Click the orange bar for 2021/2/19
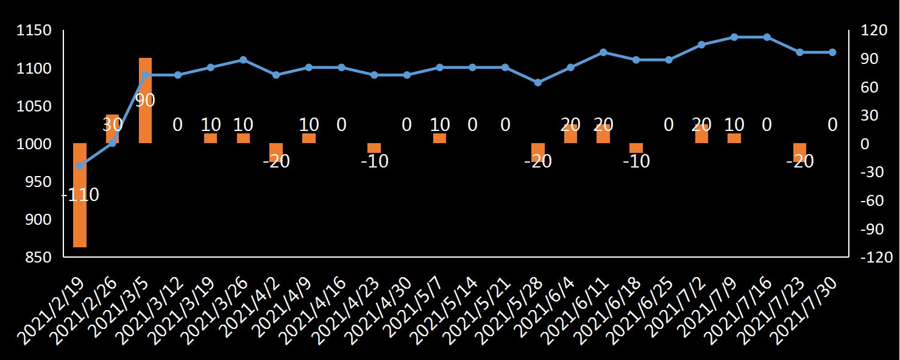(80, 195)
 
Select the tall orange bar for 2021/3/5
(145, 101)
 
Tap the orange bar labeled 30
(112, 129)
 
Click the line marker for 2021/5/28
(538, 82)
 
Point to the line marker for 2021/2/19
(80, 166)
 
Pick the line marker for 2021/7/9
(734, 37)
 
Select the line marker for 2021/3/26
(243, 60)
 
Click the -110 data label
(81, 195)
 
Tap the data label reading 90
(145, 101)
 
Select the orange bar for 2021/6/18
(636, 148)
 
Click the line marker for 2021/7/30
(832, 52)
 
